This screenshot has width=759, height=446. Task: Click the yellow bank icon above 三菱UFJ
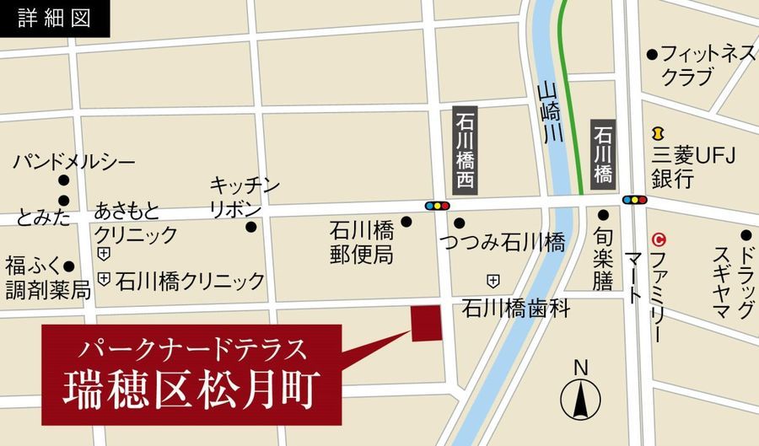(x=656, y=133)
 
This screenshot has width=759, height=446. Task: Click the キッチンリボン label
(x=244, y=197)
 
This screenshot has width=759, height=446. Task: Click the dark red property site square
(x=426, y=323)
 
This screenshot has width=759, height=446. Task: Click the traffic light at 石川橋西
(x=437, y=205)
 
